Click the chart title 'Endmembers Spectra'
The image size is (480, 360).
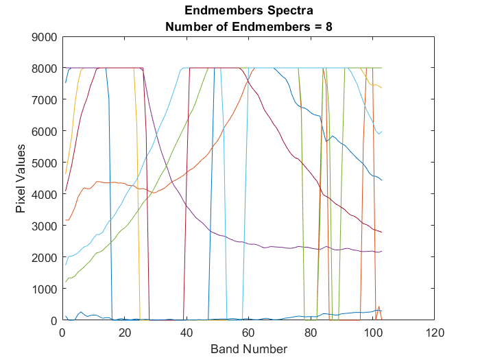tap(249, 11)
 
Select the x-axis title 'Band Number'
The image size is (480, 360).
tap(249, 348)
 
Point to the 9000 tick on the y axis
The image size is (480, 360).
tap(45, 37)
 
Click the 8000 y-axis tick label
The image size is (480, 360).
tap(45, 69)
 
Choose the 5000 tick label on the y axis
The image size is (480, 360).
tap(45, 163)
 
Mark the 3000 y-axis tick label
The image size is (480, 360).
tap(45, 226)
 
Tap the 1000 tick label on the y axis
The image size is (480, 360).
tap(45, 289)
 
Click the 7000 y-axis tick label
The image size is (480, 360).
tap(45, 100)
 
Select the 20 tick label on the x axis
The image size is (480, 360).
tap(125, 332)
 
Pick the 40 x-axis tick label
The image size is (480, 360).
tap(187, 332)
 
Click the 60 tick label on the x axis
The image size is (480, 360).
tap(249, 332)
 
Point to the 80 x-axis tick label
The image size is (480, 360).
tap(311, 332)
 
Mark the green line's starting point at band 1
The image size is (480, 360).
tap(66, 282)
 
